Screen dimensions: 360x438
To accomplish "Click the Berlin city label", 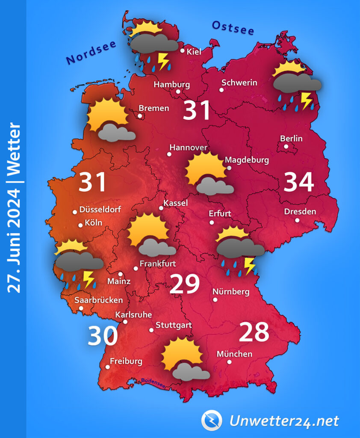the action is coord(291,139).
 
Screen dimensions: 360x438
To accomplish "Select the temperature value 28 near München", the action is coord(254,332).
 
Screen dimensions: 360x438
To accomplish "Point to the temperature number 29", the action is coord(185,284).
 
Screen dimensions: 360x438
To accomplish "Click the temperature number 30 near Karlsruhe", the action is coord(103,336).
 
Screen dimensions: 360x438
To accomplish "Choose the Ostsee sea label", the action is coord(233,28).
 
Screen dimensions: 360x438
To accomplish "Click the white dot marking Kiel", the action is coord(183,51).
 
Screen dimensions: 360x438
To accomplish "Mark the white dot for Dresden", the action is coord(297,220).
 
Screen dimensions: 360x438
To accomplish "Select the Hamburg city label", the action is coord(171,84).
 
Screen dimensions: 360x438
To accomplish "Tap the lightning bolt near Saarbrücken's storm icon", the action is coord(89,279).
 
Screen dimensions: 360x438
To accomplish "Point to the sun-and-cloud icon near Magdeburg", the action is coord(208,175).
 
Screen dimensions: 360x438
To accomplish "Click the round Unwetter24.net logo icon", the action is coord(212,420).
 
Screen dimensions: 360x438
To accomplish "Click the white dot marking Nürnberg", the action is coord(215,300).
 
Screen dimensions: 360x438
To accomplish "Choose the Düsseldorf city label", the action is coord(100,210).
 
